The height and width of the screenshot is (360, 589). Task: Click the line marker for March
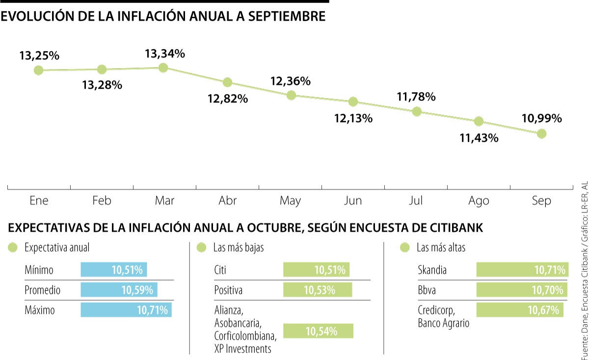click(164, 68)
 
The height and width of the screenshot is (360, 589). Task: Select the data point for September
click(541, 133)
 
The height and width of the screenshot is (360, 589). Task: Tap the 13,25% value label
click(39, 55)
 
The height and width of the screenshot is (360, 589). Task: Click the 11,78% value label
click(416, 97)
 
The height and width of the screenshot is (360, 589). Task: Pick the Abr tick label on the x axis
click(227, 201)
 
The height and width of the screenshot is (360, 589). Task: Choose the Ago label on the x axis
click(479, 201)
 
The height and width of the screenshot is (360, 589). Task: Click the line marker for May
click(291, 95)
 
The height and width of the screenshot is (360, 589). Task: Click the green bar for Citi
click(316, 270)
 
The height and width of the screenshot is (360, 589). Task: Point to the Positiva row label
click(228, 290)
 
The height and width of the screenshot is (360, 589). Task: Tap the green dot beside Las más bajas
click(201, 248)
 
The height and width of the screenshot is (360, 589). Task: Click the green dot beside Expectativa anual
click(13, 248)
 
